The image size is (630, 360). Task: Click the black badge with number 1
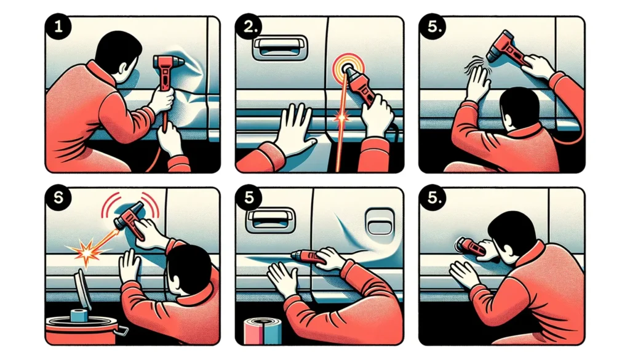tap(58, 27)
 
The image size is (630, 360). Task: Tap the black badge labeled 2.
tap(249, 27)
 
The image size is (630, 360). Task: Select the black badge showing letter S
tap(58, 198)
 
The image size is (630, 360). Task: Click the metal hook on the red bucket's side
tap(121, 331)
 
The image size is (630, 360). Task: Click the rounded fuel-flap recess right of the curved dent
tap(380, 221)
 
